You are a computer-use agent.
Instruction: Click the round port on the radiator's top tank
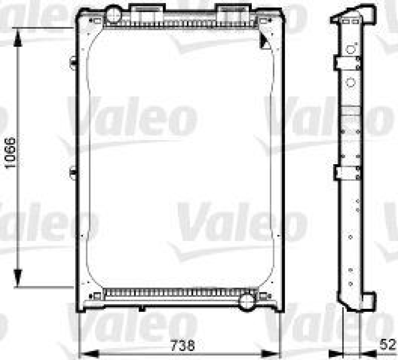(x=114, y=13)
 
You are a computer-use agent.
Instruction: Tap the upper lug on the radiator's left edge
(x=73, y=62)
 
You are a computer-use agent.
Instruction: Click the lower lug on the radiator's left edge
(x=73, y=173)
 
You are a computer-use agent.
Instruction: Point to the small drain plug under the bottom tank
(x=142, y=308)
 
